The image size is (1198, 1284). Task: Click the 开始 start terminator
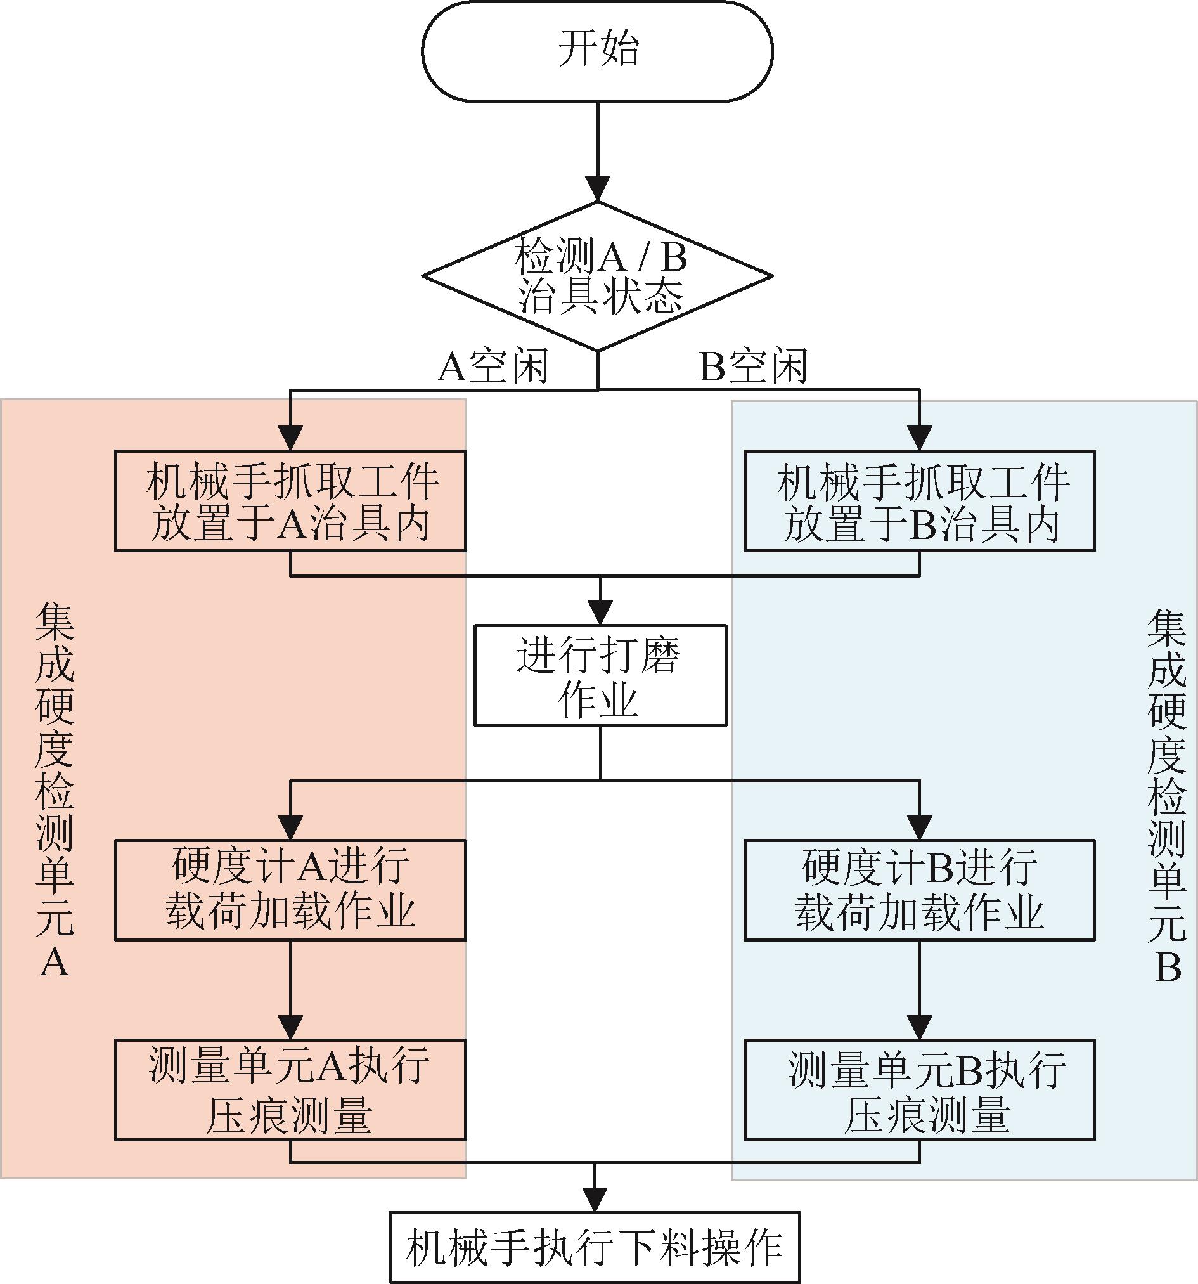pos(597,50)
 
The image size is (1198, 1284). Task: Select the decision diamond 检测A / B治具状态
pos(597,276)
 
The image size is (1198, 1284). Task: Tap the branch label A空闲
pos(493,367)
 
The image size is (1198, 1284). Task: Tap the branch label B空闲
pos(753,367)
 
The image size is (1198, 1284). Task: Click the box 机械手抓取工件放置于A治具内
pos(290,500)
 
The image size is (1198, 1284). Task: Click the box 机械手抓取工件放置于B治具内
pos(919,500)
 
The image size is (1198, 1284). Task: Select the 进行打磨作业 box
pos(600,675)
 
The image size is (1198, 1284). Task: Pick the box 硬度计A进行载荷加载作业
pos(290,890)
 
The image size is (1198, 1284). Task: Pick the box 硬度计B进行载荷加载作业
pos(919,890)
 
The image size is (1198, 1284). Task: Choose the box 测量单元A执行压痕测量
pos(290,1089)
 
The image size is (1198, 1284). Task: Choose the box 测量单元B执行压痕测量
pos(919,1089)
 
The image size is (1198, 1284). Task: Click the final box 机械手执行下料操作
pos(595,1246)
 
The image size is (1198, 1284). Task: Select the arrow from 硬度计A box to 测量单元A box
pos(290,989)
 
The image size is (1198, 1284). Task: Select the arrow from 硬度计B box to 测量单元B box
pos(919,989)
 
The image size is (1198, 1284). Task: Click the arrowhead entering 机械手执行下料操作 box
pos(595,1200)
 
